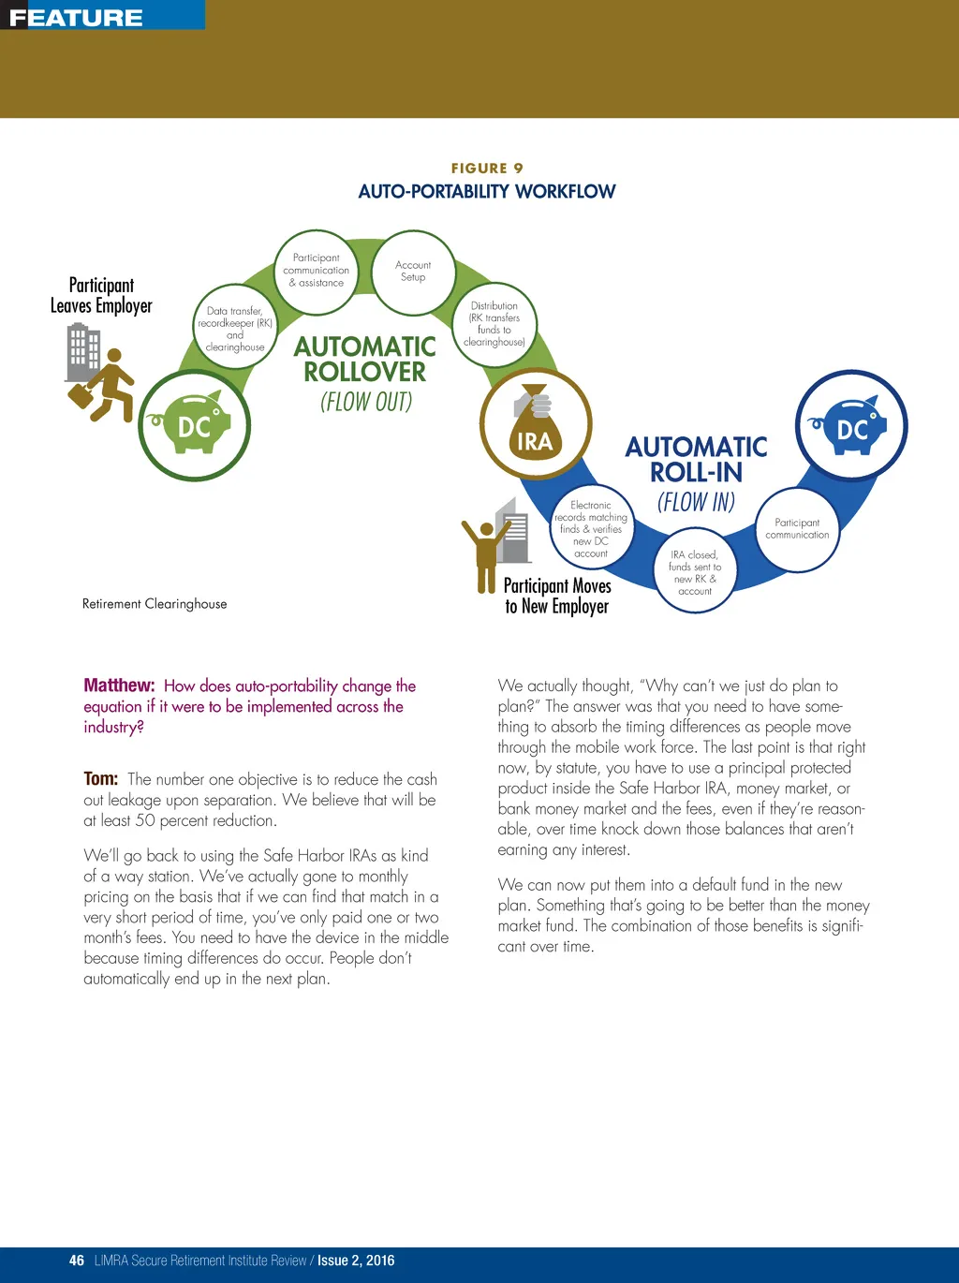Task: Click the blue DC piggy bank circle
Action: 850,426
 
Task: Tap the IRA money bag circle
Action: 535,423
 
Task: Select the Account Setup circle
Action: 413,272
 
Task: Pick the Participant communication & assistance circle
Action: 317,271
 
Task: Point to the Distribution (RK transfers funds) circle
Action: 494,324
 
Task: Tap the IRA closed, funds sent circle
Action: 695,572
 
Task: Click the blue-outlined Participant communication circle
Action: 797,529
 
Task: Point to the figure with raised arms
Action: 485,553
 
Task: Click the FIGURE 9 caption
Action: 487,169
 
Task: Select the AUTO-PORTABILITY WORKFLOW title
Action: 487,192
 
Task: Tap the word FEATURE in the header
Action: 76,18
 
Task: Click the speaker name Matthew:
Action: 119,686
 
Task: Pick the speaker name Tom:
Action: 101,779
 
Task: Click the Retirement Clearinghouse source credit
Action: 155,604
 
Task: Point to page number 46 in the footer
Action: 77,1261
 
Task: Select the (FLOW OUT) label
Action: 366,402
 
